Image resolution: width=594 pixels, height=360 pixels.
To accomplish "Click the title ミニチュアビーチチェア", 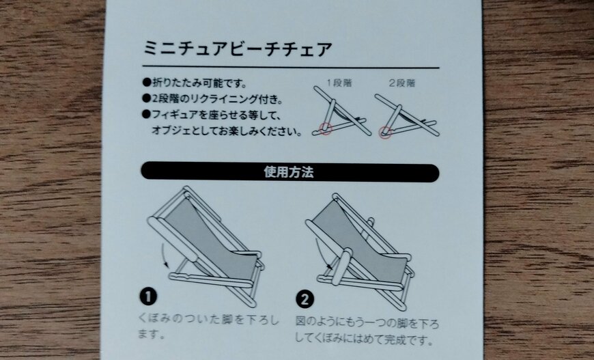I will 237,50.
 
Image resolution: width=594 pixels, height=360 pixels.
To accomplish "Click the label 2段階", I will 401,83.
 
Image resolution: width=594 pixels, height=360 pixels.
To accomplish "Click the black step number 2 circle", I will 305,299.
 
